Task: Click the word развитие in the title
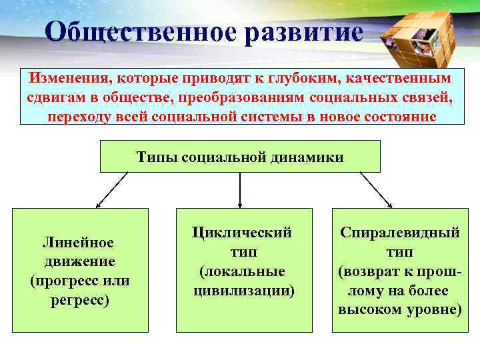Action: (304, 32)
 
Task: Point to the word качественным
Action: (397, 78)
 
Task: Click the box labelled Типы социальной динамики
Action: (240, 157)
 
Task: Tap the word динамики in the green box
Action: (312, 157)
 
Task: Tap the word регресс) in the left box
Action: (80, 299)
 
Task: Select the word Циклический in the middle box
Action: (243, 233)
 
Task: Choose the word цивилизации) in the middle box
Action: (244, 291)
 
